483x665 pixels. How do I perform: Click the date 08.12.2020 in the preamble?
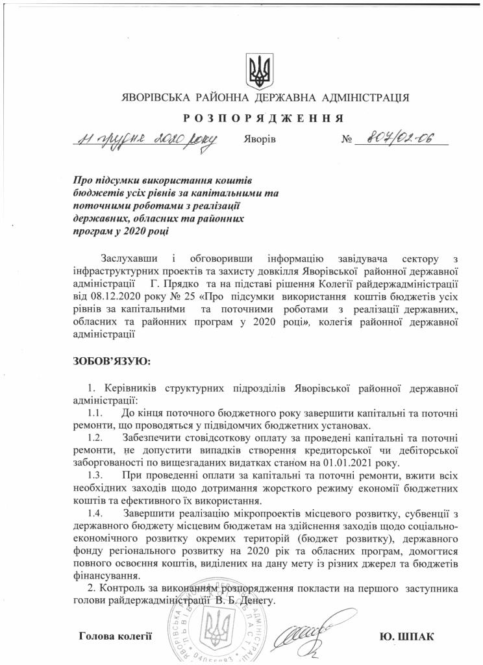pyautogui.click(x=112, y=295)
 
